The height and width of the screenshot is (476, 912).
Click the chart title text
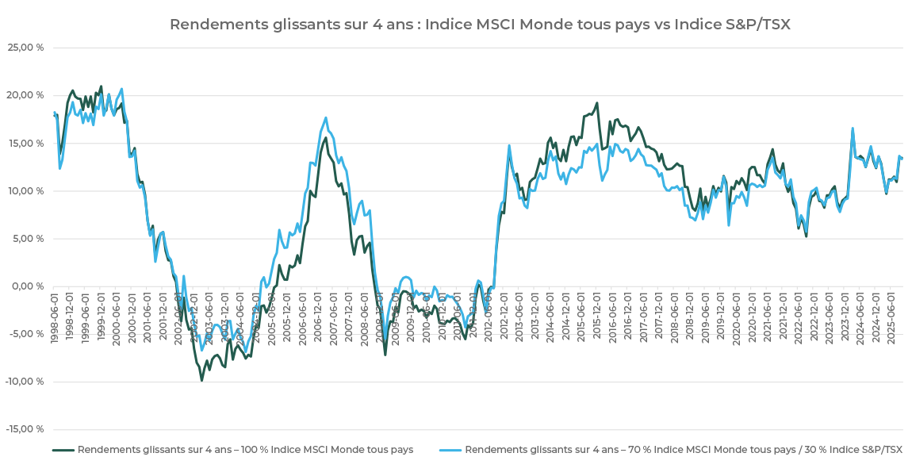tap(480, 25)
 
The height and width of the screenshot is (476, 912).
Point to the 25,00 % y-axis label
tap(27, 48)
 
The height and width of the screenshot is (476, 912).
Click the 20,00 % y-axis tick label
tap(27, 95)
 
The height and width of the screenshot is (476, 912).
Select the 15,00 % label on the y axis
tap(27, 143)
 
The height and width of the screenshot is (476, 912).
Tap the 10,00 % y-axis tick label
tap(27, 190)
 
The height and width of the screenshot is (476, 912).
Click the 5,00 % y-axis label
tap(29, 238)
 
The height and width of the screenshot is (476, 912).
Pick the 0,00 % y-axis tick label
tap(29, 286)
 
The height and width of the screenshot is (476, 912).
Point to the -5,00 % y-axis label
tap(28, 334)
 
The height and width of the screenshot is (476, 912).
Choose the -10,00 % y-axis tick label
tap(25, 382)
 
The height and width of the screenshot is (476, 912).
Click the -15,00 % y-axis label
tap(25, 429)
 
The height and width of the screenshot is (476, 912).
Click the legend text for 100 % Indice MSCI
tap(245, 450)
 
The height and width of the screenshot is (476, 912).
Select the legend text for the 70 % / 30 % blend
tap(683, 450)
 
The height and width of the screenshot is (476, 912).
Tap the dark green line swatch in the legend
tap(63, 450)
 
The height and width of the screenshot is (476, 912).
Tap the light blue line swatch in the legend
tap(450, 450)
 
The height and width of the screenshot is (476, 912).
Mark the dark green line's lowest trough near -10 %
tap(201, 380)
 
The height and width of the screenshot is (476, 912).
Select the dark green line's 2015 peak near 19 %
tap(596, 103)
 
